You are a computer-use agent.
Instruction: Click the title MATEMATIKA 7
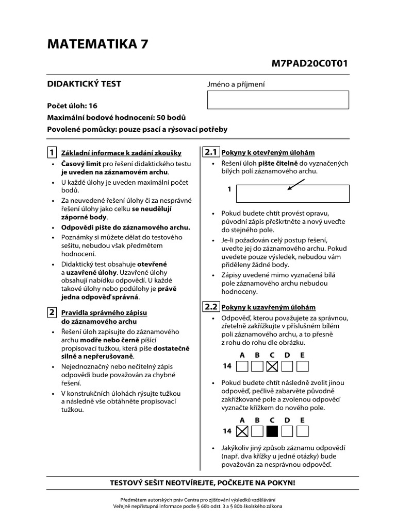coord(97,45)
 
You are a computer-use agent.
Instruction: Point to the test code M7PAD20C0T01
coord(310,64)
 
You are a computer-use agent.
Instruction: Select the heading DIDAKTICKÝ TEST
coord(84,84)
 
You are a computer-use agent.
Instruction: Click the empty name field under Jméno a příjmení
coord(278,99)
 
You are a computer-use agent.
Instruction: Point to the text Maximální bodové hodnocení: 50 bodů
coord(116,117)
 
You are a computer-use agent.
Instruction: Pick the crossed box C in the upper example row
coord(272,366)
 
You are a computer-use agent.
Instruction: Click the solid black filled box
coord(272,431)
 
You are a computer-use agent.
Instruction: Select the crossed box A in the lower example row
coord(241,431)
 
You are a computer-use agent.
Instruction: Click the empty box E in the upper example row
coord(303,366)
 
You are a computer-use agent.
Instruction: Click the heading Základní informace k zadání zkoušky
coord(121,153)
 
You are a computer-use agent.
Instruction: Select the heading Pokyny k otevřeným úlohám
coord(268,153)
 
